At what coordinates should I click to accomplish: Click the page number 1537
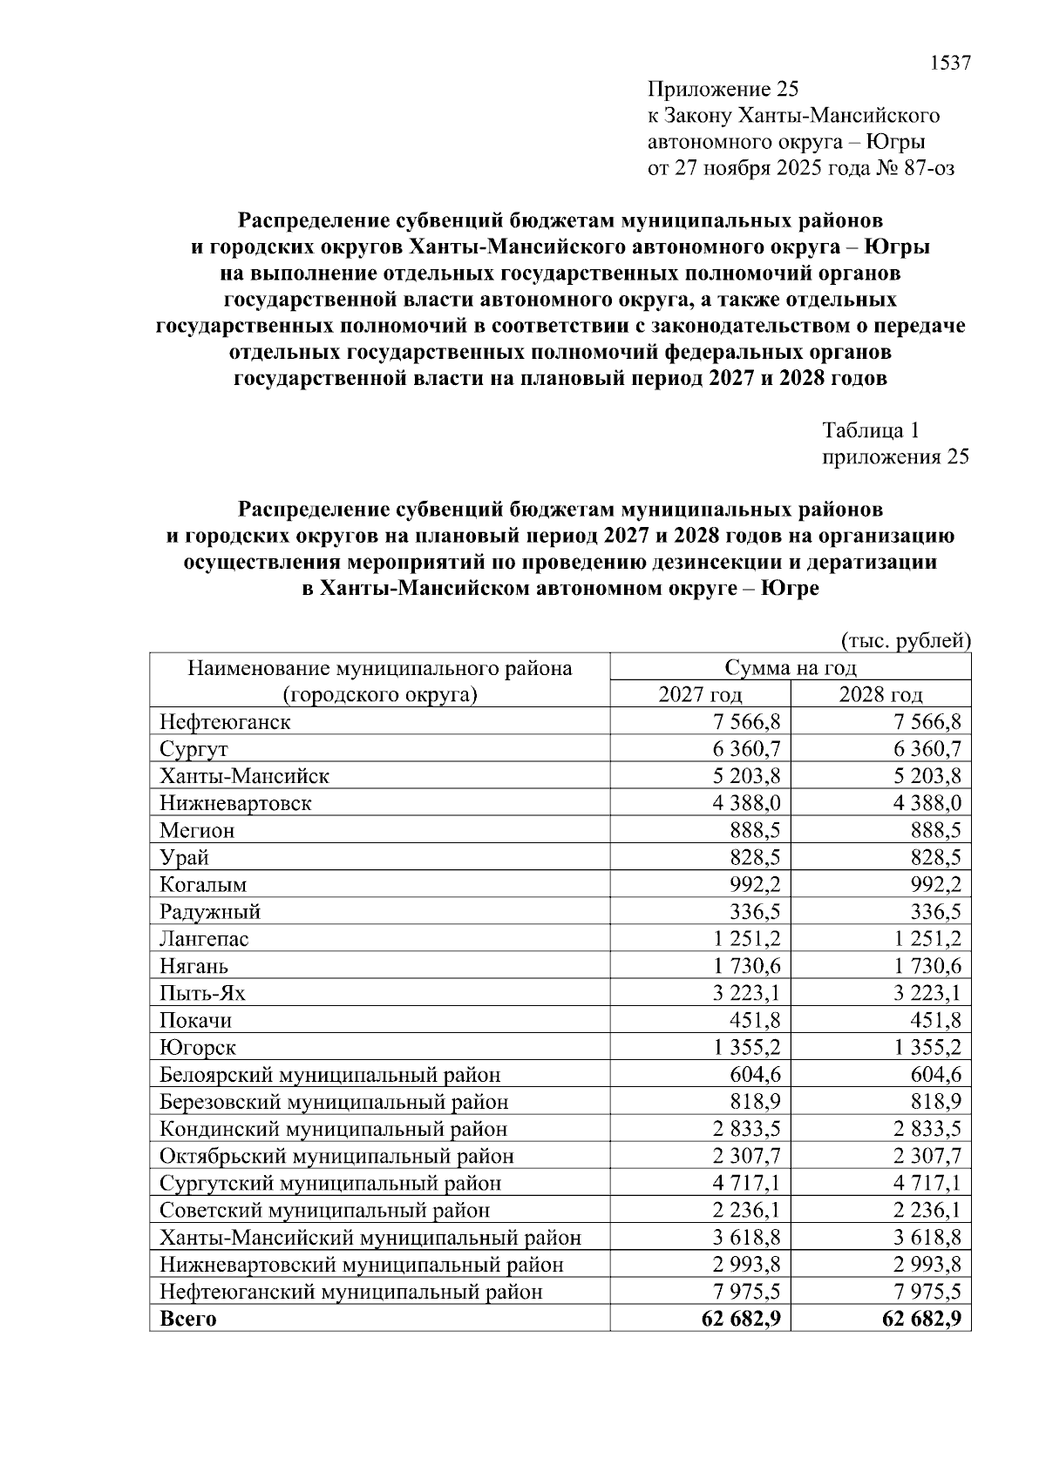click(950, 64)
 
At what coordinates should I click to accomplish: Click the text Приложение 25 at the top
click(723, 90)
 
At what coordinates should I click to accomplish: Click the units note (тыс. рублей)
click(906, 641)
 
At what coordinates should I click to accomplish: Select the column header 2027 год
click(700, 694)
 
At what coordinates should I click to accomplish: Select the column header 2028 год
click(880, 694)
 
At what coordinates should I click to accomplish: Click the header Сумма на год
click(790, 668)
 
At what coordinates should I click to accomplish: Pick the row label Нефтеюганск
click(225, 722)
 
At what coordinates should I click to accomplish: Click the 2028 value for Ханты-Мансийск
click(927, 776)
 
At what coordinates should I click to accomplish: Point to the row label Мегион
click(197, 830)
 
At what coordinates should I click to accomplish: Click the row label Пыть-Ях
click(202, 993)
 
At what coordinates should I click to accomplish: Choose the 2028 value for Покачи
click(935, 1020)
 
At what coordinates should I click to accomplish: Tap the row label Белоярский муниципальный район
click(329, 1075)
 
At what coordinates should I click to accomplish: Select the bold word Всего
click(187, 1319)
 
